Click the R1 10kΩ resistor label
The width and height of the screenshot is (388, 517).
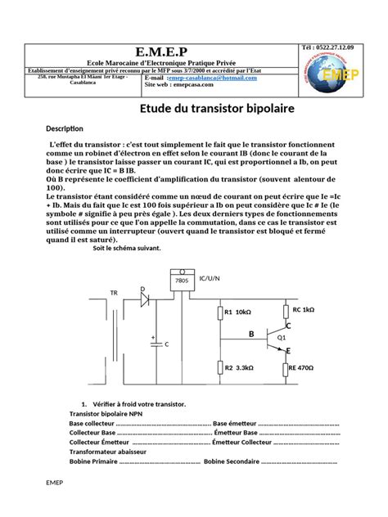point(237,312)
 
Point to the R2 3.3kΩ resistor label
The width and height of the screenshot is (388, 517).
point(238,369)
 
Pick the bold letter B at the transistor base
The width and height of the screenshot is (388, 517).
point(251,334)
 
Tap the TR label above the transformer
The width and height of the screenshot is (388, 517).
point(114,292)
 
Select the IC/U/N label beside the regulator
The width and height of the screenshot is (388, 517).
point(210,279)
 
